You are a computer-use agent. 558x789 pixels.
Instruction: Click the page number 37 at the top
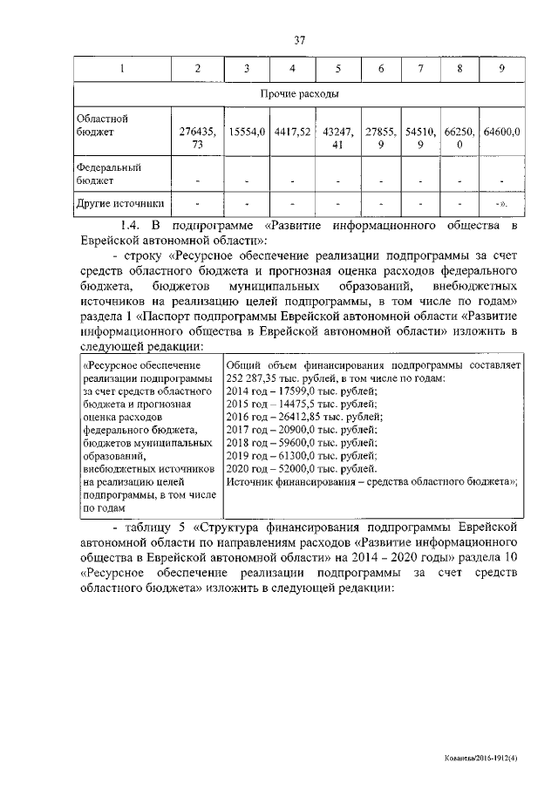(x=299, y=38)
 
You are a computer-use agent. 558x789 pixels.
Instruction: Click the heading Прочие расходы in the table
(x=299, y=92)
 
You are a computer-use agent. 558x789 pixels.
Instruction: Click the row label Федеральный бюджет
(x=108, y=173)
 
